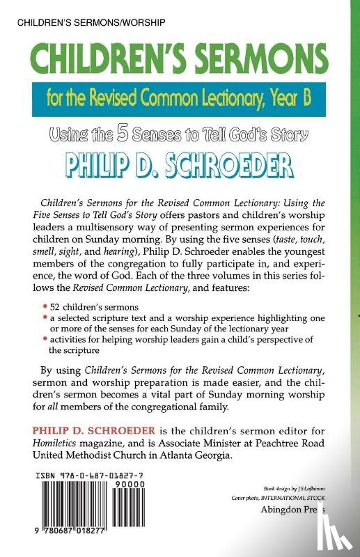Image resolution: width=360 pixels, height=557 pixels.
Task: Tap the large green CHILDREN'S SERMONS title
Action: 180,59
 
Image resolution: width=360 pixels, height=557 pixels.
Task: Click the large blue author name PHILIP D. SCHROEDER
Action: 180,157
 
